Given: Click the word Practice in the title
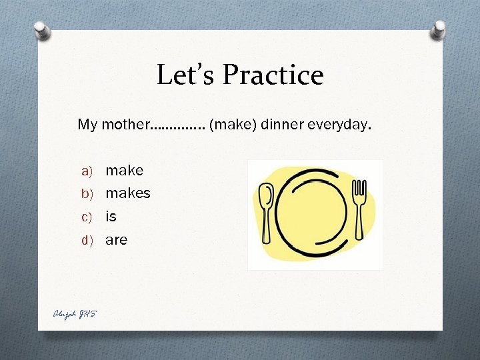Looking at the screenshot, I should pyautogui.click(x=273, y=75).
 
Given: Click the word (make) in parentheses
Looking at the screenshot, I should pyautogui.click(x=232, y=124).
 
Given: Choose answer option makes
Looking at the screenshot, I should pyautogui.click(x=128, y=193).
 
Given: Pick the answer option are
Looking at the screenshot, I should pyautogui.click(x=116, y=240).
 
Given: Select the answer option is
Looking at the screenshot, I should pyautogui.click(x=111, y=217).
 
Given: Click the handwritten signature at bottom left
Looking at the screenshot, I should pyautogui.click(x=74, y=313).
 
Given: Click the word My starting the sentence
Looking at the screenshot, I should pyautogui.click(x=87, y=125).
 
